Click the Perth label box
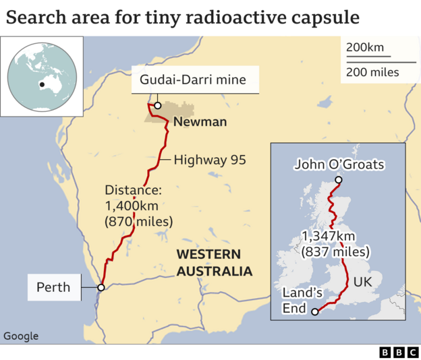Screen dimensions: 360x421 [53, 287]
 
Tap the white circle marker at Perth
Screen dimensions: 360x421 [101, 288]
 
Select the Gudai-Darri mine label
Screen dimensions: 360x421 [192, 82]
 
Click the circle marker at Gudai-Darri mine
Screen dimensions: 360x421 [157, 105]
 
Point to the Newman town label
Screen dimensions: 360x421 [200, 123]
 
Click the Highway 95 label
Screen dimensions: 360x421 [209, 160]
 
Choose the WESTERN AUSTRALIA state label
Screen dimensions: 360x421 [214, 262]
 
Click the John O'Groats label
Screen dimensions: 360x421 [339, 164]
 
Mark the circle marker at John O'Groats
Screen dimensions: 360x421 [339, 180]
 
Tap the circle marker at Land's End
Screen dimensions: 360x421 [315, 311]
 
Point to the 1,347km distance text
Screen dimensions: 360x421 [335, 243]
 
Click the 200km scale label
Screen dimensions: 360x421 [364, 47]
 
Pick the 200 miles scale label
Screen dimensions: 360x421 [372, 72]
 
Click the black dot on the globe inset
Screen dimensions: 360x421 [42, 84]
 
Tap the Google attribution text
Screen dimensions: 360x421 [21, 336]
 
